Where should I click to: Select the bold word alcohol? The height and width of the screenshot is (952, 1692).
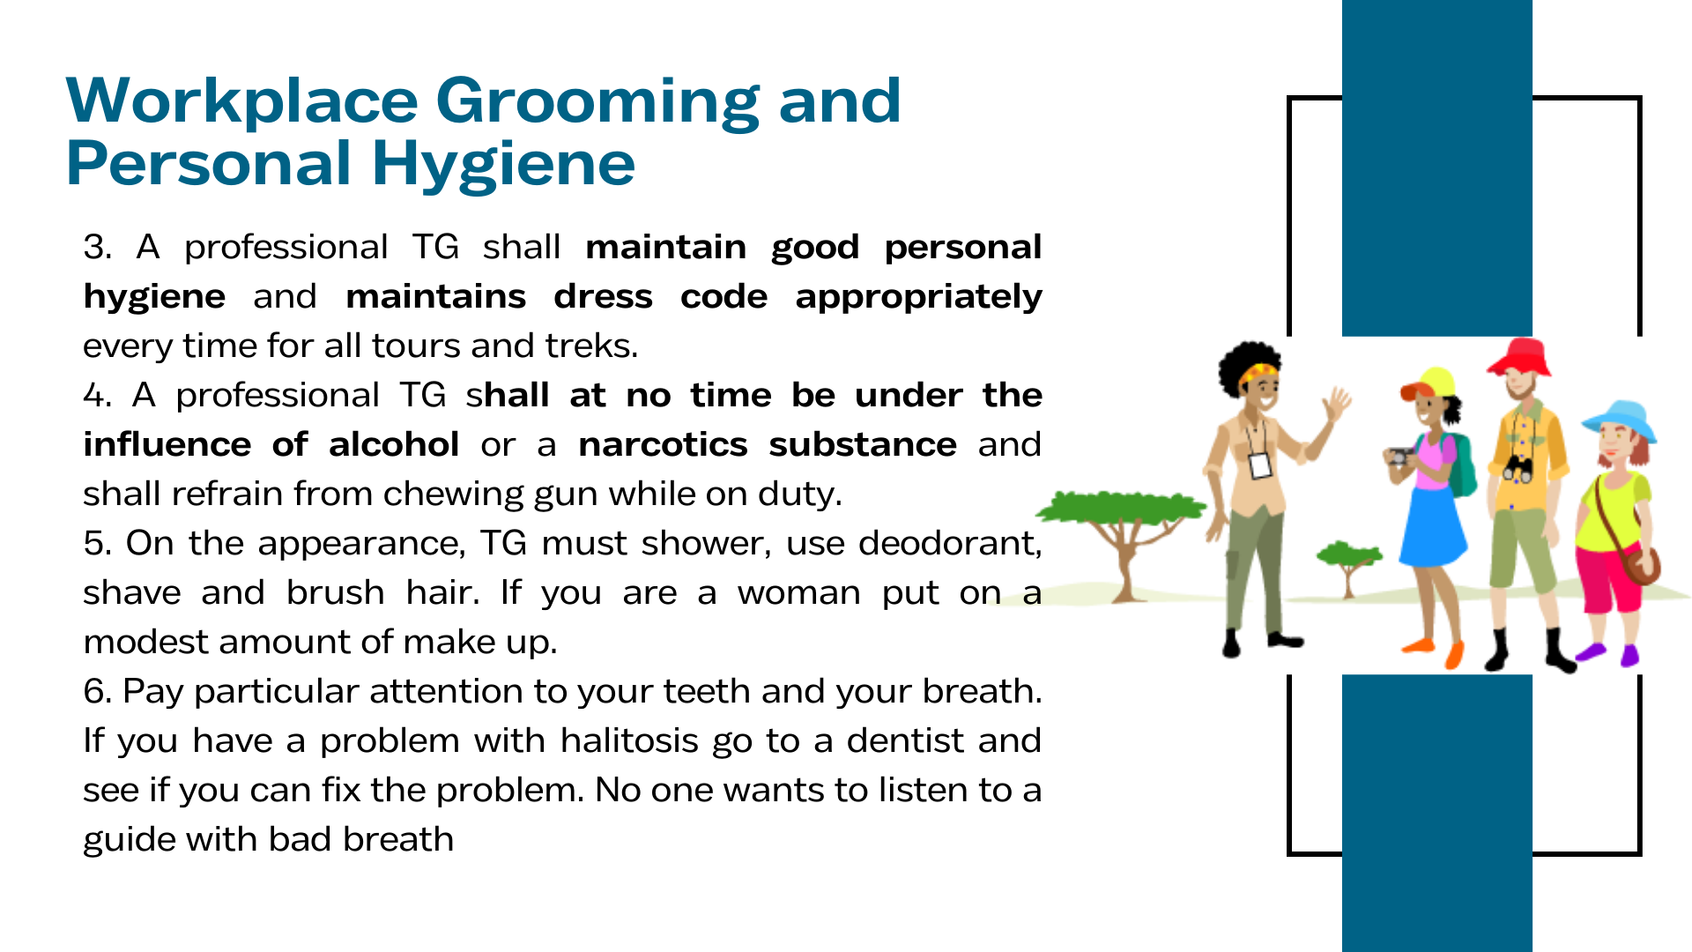pos(394,444)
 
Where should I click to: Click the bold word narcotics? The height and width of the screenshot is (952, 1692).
pos(663,444)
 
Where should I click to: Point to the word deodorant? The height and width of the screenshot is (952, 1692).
pos(950,543)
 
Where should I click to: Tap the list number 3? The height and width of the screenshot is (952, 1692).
pos(97,247)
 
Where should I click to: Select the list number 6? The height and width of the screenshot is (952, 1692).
pos(96,691)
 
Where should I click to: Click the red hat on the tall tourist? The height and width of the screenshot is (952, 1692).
pos(1518,357)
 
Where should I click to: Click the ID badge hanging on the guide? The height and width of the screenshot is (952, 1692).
pos(1260,465)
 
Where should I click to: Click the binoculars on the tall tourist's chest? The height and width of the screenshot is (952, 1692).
pos(1518,468)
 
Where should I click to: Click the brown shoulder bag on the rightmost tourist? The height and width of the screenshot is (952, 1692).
pos(1641,565)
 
